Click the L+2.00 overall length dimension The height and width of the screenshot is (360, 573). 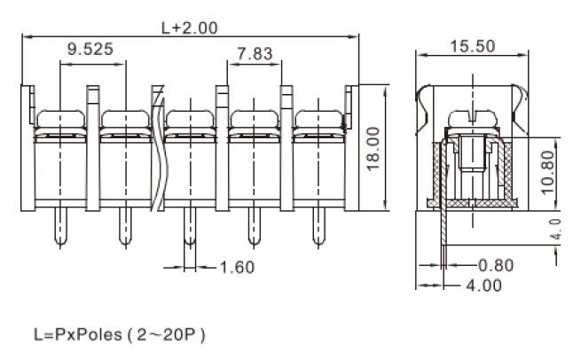tap(189, 27)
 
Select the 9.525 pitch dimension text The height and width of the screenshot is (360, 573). tap(90, 49)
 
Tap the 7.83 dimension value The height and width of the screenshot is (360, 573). tap(255, 54)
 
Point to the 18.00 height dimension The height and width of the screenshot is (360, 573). tap(373, 149)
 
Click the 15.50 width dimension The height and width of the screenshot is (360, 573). tap(472, 46)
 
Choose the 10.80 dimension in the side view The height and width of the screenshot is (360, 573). tap(547, 173)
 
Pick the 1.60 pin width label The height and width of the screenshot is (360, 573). tap(237, 268)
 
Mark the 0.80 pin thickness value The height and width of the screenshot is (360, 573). tap(496, 265)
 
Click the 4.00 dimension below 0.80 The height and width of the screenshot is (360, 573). tap(484, 286)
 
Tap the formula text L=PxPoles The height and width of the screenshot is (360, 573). tap(78, 334)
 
